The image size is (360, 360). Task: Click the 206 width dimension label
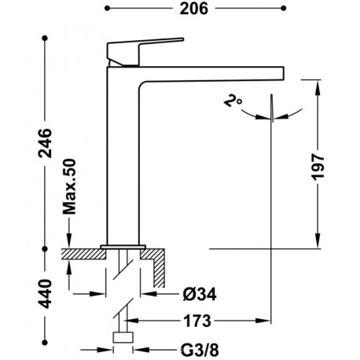(194, 9)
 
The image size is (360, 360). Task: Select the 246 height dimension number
(45, 143)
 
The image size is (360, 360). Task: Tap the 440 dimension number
(45, 294)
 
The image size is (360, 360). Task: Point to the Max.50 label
(69, 186)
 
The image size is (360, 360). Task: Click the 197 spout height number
(318, 167)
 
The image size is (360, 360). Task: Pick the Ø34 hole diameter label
(200, 294)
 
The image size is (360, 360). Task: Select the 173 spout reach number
(197, 321)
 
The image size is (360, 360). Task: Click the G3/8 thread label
(200, 350)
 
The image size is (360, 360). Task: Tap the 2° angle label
(233, 101)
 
